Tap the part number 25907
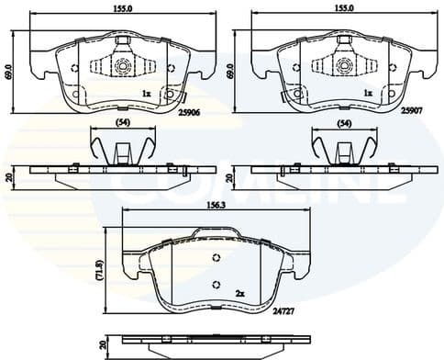(412, 107)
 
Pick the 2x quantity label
(240, 292)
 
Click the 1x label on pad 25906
(146, 93)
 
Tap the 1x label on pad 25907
(368, 93)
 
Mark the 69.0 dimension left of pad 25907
(230, 70)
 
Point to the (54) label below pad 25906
(121, 122)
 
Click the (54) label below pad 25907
(344, 122)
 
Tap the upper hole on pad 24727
(216, 257)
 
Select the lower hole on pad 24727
(216, 283)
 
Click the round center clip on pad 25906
(123, 65)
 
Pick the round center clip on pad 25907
(344, 65)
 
